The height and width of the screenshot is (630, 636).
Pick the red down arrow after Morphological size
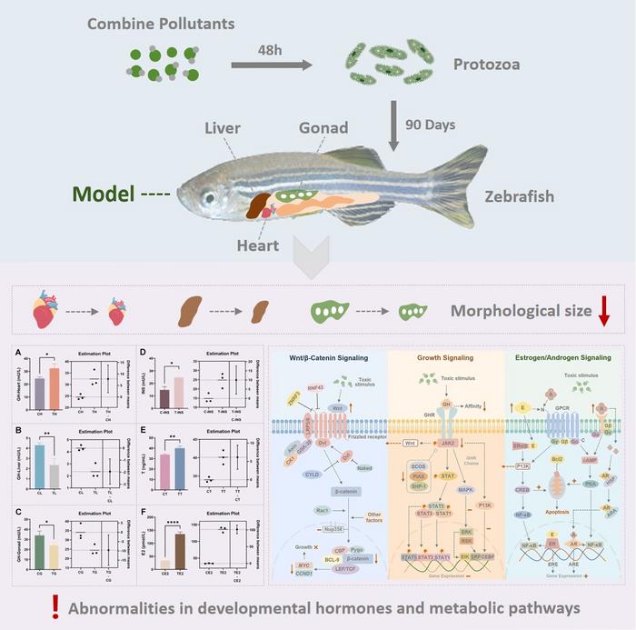pyautogui.click(x=604, y=313)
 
